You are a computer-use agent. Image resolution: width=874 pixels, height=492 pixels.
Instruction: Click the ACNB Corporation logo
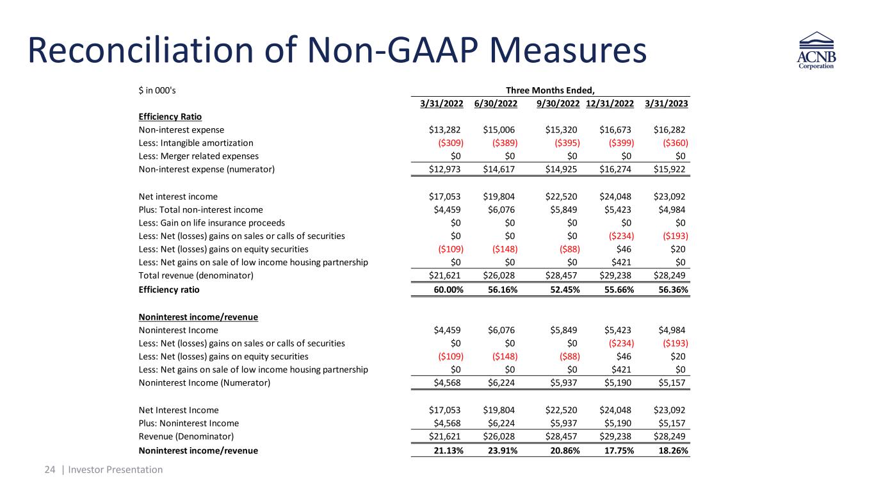(x=816, y=51)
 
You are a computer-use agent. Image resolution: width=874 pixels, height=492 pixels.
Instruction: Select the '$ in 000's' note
(x=157, y=90)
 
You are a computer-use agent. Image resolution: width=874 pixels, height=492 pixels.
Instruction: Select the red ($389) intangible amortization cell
(x=501, y=143)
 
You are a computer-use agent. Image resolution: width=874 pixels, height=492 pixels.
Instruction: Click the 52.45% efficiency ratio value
(x=560, y=290)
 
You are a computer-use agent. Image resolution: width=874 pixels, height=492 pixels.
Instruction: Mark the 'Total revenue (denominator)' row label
(x=196, y=275)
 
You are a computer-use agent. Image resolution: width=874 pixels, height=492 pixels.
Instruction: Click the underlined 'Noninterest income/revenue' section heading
(x=198, y=317)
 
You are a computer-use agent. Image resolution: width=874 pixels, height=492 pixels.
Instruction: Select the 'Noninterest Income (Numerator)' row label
(x=204, y=383)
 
